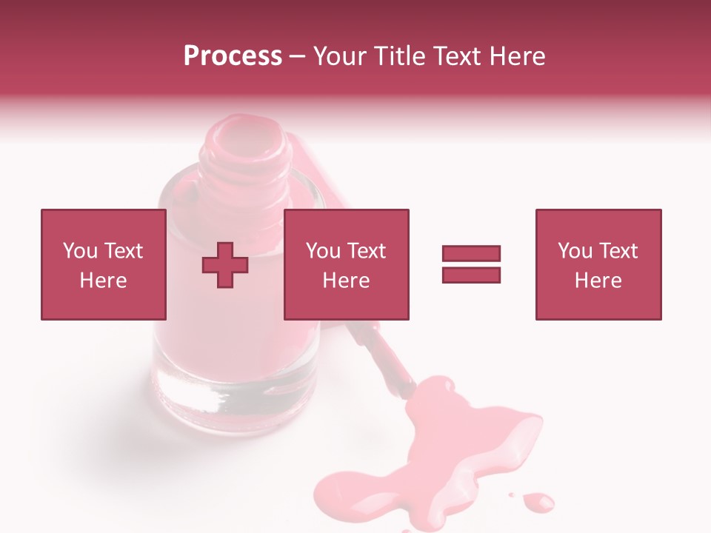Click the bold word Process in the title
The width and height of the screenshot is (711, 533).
(x=233, y=56)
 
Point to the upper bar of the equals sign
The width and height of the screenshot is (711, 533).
(x=471, y=254)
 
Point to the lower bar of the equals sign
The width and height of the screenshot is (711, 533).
(x=471, y=275)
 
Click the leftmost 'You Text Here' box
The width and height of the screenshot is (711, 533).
(x=103, y=264)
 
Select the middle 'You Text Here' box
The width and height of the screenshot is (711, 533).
(x=346, y=264)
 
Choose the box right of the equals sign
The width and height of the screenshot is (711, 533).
(x=598, y=264)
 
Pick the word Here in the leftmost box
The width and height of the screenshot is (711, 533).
(x=103, y=281)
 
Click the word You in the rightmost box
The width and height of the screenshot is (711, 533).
(x=575, y=251)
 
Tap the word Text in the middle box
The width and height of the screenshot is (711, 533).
(x=366, y=251)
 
